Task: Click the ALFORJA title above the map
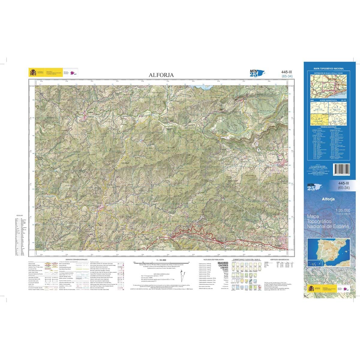coord(161,75)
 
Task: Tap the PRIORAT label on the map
coord(125,162)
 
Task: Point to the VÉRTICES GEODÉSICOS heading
coord(279,259)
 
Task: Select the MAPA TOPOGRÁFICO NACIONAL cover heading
coord(328,69)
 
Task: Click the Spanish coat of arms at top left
coord(32,73)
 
